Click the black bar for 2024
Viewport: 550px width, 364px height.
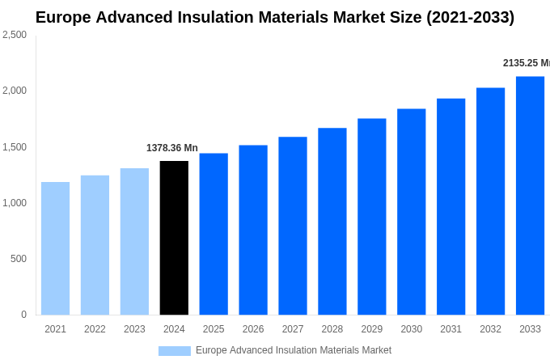pyautogui.click(x=174, y=238)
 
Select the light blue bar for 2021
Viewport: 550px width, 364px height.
pyautogui.click(x=55, y=248)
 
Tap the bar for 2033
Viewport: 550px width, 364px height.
pyautogui.click(x=530, y=196)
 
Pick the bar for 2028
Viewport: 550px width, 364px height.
pyautogui.click(x=332, y=222)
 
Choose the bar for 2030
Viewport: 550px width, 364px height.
pyautogui.click(x=411, y=212)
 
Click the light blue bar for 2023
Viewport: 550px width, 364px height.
pyautogui.click(x=134, y=242)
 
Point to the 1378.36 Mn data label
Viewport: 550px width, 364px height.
pyautogui.click(x=171, y=148)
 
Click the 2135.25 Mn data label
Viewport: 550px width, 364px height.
pyautogui.click(x=526, y=63)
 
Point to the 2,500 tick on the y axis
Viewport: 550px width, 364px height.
pyautogui.click(x=14, y=35)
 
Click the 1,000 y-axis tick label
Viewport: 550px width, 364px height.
pyautogui.click(x=14, y=203)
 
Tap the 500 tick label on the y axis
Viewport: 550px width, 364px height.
pyautogui.click(x=18, y=259)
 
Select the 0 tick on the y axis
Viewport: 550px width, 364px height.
pyautogui.click(x=23, y=315)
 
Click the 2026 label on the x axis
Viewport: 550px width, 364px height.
pyautogui.click(x=253, y=329)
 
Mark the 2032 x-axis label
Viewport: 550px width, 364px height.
pyautogui.click(x=490, y=329)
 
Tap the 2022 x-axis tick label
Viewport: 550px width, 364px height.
pyautogui.click(x=95, y=329)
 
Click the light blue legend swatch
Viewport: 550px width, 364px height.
pyautogui.click(x=174, y=351)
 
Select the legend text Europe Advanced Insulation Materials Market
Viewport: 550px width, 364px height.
pyautogui.click(x=294, y=350)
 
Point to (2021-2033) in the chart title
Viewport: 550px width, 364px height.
pyautogui.click(x=470, y=17)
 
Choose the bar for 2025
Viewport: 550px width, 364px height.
pyautogui.click(x=214, y=234)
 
